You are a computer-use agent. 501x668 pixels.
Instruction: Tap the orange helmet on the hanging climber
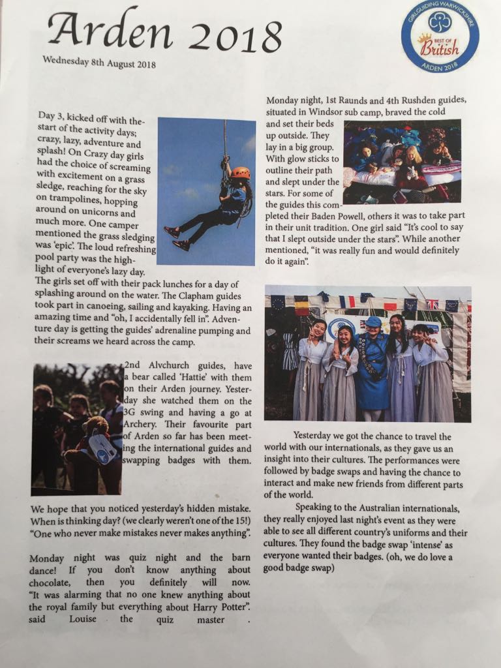239,173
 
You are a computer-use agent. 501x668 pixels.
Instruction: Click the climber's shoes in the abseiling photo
177,237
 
